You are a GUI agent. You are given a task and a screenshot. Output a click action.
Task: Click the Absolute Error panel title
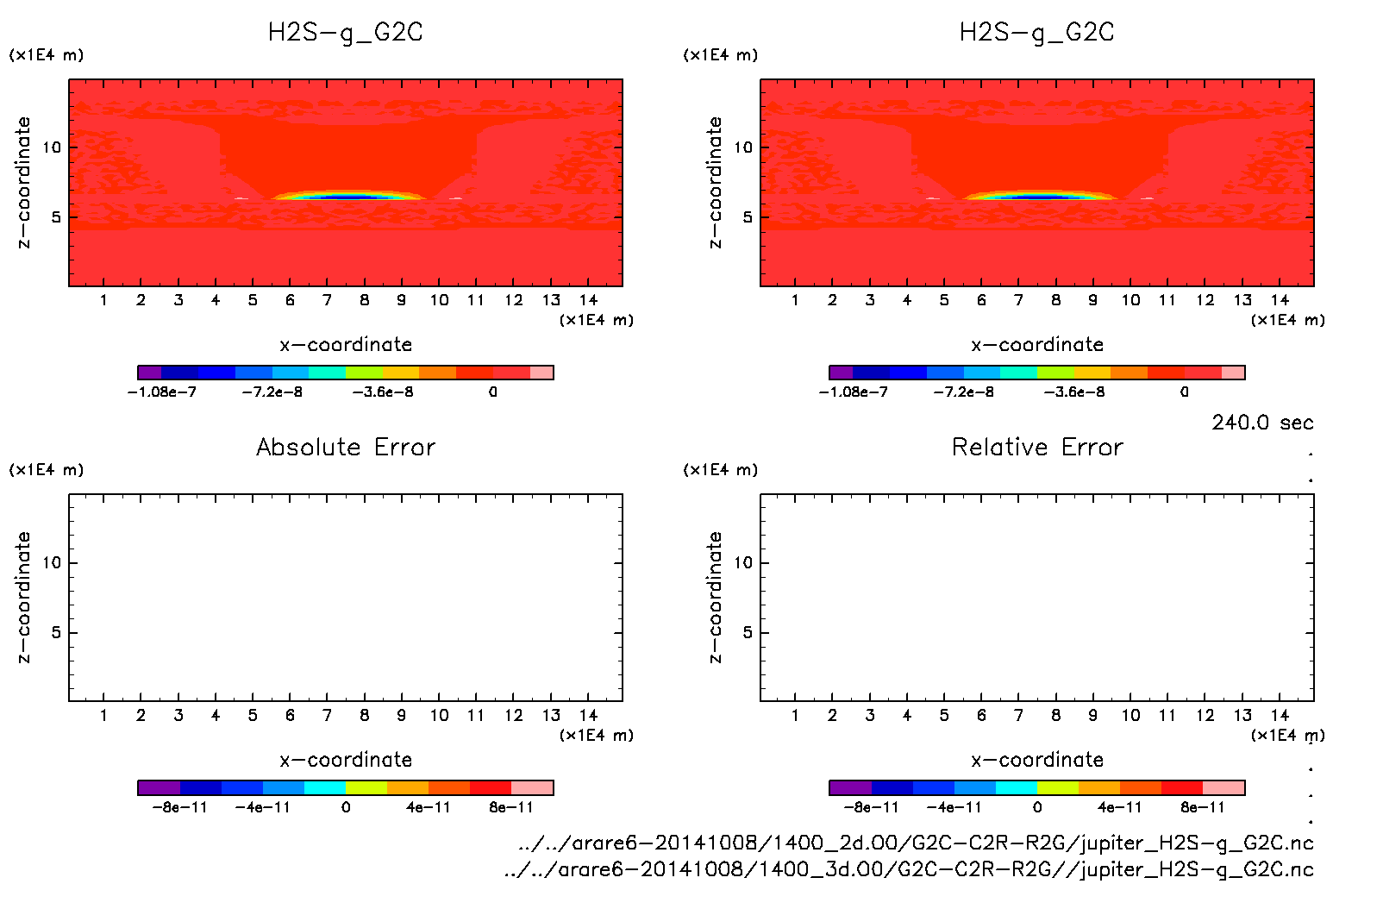point(346,447)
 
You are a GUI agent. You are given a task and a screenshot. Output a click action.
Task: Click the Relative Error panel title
point(1037,447)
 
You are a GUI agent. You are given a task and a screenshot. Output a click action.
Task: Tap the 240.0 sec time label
point(1262,423)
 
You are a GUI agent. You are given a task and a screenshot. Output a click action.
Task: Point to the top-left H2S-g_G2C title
point(346,33)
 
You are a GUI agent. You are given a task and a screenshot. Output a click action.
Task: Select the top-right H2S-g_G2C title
point(1037,33)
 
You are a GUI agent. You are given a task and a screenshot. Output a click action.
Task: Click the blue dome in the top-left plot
point(348,197)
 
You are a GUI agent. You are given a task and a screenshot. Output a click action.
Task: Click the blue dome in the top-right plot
point(1040,197)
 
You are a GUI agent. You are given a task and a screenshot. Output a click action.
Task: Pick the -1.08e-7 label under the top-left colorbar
point(162,392)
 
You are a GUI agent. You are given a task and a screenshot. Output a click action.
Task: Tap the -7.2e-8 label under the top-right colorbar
point(963,392)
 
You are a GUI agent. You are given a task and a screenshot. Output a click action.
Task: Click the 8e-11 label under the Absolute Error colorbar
point(511,808)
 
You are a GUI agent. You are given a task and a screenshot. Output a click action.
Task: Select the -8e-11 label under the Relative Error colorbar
point(871,808)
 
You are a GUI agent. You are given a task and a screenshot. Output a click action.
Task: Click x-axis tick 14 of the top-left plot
point(589,300)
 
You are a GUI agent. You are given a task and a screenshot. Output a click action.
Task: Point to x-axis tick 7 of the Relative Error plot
point(1018,716)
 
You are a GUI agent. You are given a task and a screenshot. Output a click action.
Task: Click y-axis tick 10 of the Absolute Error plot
point(52,563)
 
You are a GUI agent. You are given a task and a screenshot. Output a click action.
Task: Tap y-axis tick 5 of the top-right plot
point(747,217)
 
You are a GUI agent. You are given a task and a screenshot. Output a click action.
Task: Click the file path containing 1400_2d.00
point(916,843)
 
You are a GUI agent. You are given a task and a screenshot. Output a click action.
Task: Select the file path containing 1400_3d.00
point(909,869)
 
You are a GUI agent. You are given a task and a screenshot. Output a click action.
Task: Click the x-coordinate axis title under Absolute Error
point(346,760)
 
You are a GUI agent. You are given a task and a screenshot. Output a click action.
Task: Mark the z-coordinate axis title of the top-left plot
point(23,182)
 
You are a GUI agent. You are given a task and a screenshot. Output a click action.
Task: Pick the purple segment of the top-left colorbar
point(149,373)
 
